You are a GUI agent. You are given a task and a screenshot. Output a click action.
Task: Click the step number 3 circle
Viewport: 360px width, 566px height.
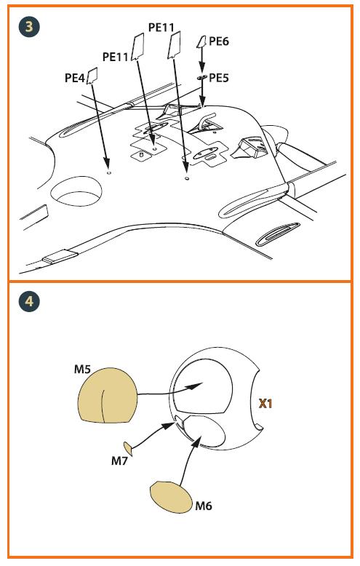[x=29, y=26]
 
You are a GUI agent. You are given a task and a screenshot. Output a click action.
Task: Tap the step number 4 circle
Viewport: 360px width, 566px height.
[x=29, y=300]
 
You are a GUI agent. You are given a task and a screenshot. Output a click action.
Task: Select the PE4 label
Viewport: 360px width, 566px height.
[x=75, y=78]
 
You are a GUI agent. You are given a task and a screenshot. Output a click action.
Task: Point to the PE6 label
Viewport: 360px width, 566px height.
[x=219, y=41]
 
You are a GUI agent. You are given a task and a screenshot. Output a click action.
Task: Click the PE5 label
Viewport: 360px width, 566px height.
[x=219, y=78]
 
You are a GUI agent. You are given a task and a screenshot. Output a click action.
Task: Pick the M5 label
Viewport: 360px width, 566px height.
[x=83, y=370]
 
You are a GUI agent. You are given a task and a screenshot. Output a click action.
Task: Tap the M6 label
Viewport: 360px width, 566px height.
[x=204, y=506]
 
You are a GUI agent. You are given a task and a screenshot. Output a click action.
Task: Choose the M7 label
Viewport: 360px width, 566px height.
[x=119, y=461]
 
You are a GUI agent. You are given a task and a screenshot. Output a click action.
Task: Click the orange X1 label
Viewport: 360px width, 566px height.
[x=265, y=404]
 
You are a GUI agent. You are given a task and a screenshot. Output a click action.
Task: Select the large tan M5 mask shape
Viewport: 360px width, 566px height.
[x=107, y=395]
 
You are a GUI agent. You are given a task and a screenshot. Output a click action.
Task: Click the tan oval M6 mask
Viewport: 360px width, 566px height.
[x=172, y=497]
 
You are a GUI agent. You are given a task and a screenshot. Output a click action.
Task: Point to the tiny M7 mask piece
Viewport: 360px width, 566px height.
[x=128, y=448]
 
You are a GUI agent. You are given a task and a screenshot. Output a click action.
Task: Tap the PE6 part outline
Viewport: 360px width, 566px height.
[x=201, y=42]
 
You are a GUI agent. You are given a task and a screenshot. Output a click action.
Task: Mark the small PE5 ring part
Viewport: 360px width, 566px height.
[x=202, y=77]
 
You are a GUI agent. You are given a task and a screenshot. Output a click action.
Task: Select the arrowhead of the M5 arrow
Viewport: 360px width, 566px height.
[x=194, y=386]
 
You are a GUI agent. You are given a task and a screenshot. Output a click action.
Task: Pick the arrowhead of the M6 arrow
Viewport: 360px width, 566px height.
[x=196, y=440]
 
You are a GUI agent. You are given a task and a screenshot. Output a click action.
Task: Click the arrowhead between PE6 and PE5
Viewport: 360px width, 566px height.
[x=202, y=68]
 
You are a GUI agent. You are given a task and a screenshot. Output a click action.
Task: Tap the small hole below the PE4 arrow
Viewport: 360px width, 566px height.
[x=109, y=173]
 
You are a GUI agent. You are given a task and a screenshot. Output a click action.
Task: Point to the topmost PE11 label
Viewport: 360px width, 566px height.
[x=161, y=28]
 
